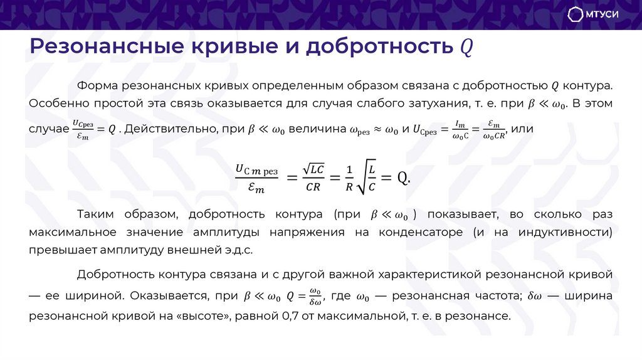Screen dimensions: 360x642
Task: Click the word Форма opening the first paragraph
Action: (x=93, y=85)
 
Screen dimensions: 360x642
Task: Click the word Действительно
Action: (x=167, y=129)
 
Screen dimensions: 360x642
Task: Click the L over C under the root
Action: (x=372, y=177)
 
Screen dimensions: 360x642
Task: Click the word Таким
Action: (x=94, y=215)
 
